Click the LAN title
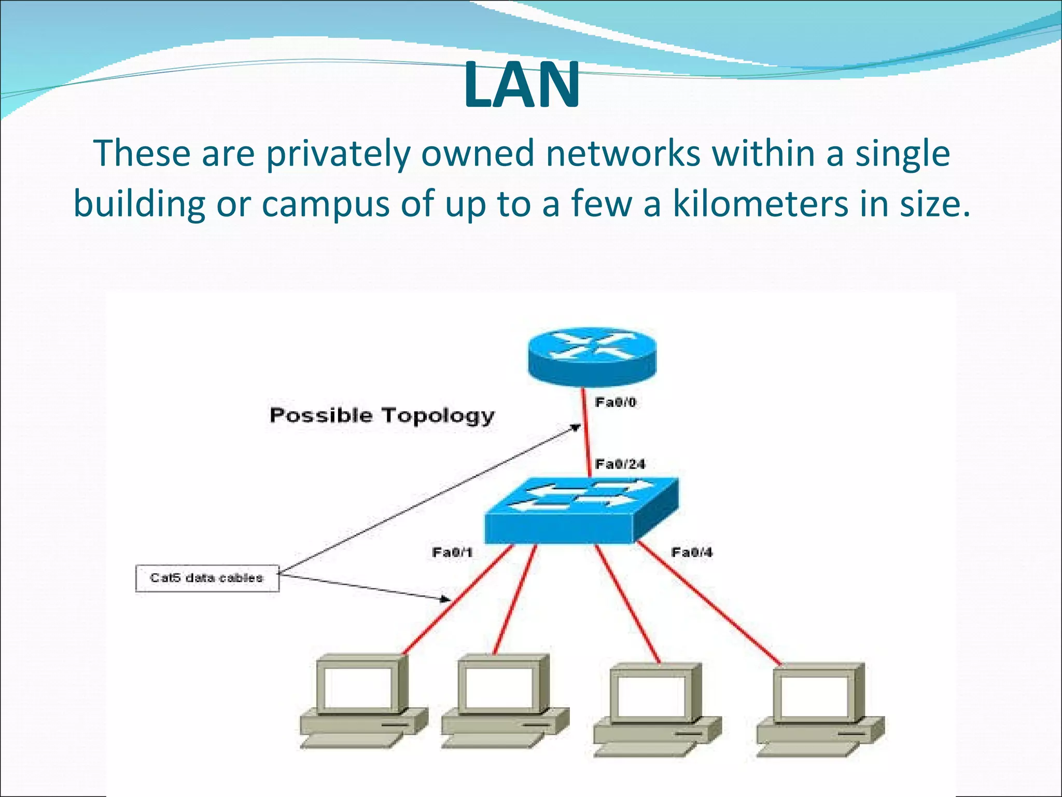522,85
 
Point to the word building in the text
139,203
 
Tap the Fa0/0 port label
615,402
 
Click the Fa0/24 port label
620,464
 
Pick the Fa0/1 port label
452,552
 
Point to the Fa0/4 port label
692,552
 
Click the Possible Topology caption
382,416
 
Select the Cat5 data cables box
207,578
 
